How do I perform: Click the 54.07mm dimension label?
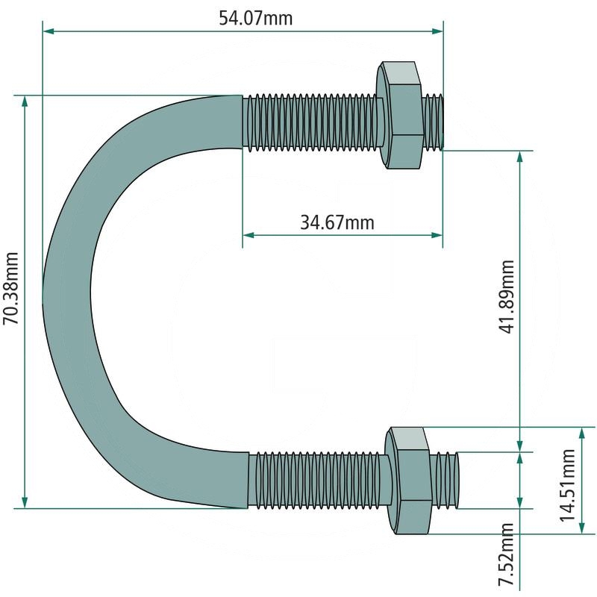[255, 18]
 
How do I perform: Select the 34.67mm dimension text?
[337, 222]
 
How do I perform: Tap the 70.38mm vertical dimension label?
[11, 288]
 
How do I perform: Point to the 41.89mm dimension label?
[507, 296]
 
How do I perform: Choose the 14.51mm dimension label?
[567, 484]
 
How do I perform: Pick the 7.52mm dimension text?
[507, 554]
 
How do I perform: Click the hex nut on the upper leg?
[400, 115]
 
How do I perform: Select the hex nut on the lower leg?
[407, 481]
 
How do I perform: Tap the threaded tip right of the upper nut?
[434, 121]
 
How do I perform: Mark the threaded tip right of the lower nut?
[445, 480]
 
